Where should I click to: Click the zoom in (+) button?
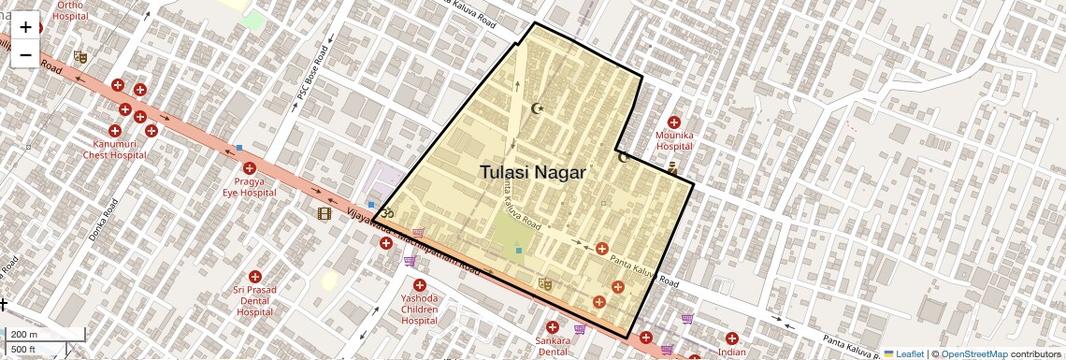click(x=25, y=27)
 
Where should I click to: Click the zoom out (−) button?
click(x=25, y=55)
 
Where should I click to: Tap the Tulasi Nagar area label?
click(x=533, y=172)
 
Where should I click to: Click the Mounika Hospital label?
click(x=674, y=140)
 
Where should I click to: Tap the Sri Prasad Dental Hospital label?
click(x=255, y=300)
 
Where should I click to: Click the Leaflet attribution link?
click(x=903, y=353)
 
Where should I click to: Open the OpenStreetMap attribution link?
click(x=973, y=353)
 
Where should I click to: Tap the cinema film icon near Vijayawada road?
click(x=324, y=213)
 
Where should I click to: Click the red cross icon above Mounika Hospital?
click(x=674, y=122)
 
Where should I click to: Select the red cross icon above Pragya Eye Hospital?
click(x=248, y=168)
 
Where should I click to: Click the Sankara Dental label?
click(x=553, y=346)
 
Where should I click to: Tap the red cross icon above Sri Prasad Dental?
click(x=255, y=277)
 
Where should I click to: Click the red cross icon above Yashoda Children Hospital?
click(x=419, y=284)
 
